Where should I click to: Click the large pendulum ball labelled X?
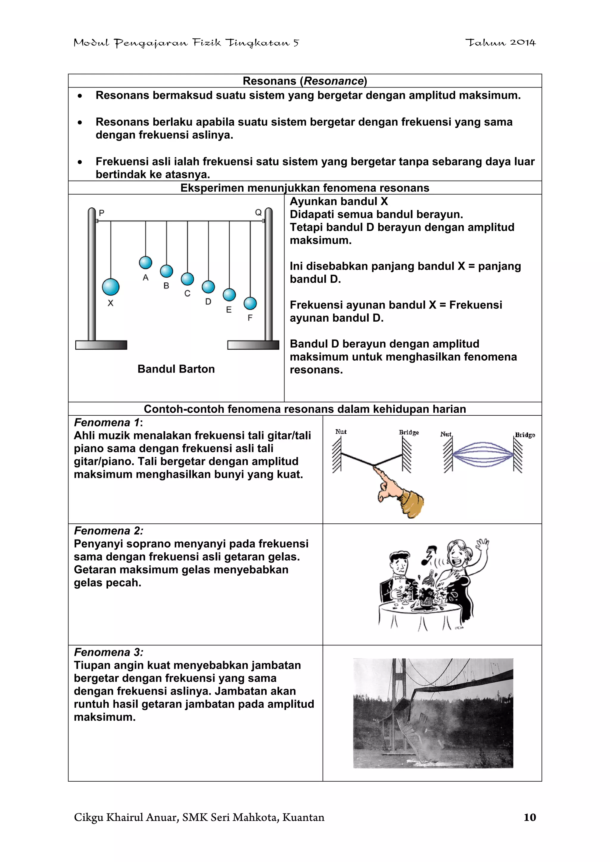pyautogui.click(x=111, y=287)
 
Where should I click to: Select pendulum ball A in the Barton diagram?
pyautogui.click(x=145, y=263)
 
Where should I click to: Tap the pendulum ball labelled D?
pyautogui.click(x=208, y=287)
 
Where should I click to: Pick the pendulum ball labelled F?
pyautogui.click(x=250, y=304)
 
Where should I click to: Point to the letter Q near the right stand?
pyautogui.click(x=258, y=212)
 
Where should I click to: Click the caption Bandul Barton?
pyautogui.click(x=176, y=369)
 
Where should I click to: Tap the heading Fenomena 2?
pyautogui.click(x=108, y=531)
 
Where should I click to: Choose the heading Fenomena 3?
pyautogui.click(x=108, y=652)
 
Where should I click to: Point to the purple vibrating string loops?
pyautogui.click(x=483, y=455)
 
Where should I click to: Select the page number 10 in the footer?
pyautogui.click(x=530, y=817)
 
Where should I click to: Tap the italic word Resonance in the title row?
pyautogui.click(x=333, y=81)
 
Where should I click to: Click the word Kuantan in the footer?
pyautogui.click(x=303, y=817)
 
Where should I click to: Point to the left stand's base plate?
pyautogui.click(x=101, y=345)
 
